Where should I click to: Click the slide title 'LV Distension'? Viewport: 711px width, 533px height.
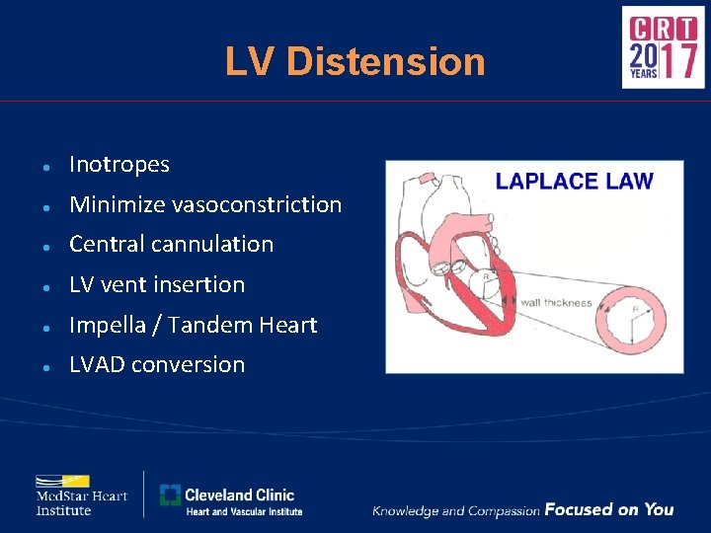point(355,61)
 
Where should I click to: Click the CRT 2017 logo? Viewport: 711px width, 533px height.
point(663,47)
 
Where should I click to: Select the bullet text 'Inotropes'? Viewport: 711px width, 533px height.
point(118,165)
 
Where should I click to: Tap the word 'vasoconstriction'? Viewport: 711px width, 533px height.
point(257,205)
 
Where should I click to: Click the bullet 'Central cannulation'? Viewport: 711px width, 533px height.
point(171,244)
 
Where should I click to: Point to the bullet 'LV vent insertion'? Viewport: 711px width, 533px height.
point(156,285)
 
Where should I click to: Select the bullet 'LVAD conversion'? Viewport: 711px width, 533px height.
point(156,364)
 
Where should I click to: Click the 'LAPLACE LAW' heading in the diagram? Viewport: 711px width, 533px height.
point(574,181)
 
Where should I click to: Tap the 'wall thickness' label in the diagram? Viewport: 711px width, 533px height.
point(555,303)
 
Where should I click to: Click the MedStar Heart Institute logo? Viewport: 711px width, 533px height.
point(82,494)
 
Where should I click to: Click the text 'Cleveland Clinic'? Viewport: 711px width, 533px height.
point(239,495)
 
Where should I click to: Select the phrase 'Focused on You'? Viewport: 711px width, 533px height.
point(608,509)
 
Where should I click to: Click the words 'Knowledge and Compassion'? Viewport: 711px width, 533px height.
point(455,510)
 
